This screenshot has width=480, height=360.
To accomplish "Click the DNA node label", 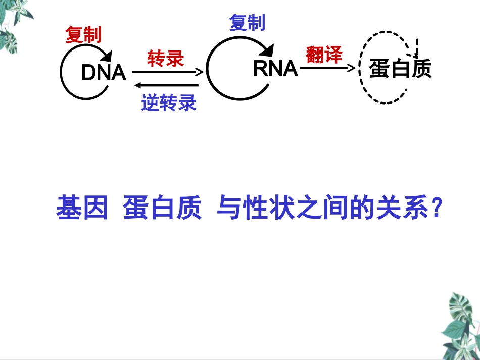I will click(x=103, y=73).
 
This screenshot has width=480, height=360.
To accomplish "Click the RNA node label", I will click(x=275, y=69).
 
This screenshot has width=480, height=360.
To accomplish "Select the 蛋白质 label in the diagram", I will click(x=400, y=69).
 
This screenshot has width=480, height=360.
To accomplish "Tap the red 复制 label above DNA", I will click(x=83, y=35).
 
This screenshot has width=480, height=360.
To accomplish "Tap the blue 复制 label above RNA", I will click(x=247, y=23).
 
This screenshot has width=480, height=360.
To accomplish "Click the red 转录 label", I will click(x=165, y=59).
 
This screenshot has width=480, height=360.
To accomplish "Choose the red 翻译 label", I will click(x=324, y=55).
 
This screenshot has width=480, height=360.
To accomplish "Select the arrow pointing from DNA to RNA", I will click(x=167, y=72).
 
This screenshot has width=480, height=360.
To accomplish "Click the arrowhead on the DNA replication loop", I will click(x=107, y=56).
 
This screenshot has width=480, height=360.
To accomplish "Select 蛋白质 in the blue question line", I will click(x=162, y=208).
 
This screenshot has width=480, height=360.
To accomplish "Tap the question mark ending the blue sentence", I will click(x=438, y=208).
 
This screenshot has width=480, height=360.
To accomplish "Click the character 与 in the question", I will click(x=228, y=208).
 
